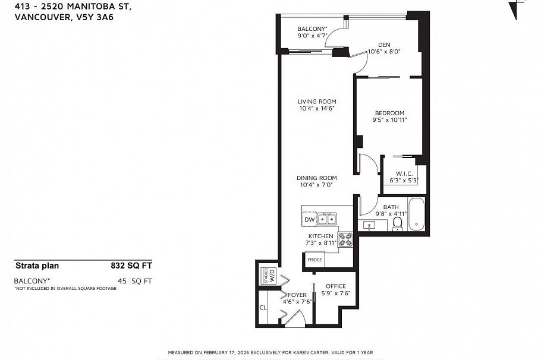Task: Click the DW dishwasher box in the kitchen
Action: tap(309, 220)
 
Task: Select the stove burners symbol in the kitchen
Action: tap(345, 239)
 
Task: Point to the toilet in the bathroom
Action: tap(398, 224)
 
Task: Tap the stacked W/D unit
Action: tap(268, 276)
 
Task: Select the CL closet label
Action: tap(263, 308)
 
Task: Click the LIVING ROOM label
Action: tap(317, 102)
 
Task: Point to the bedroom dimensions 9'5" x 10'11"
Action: tap(389, 120)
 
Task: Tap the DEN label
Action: tap(384, 44)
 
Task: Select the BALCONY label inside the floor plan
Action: tap(312, 29)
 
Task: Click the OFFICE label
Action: tap(335, 286)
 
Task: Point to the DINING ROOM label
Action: tap(317, 178)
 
